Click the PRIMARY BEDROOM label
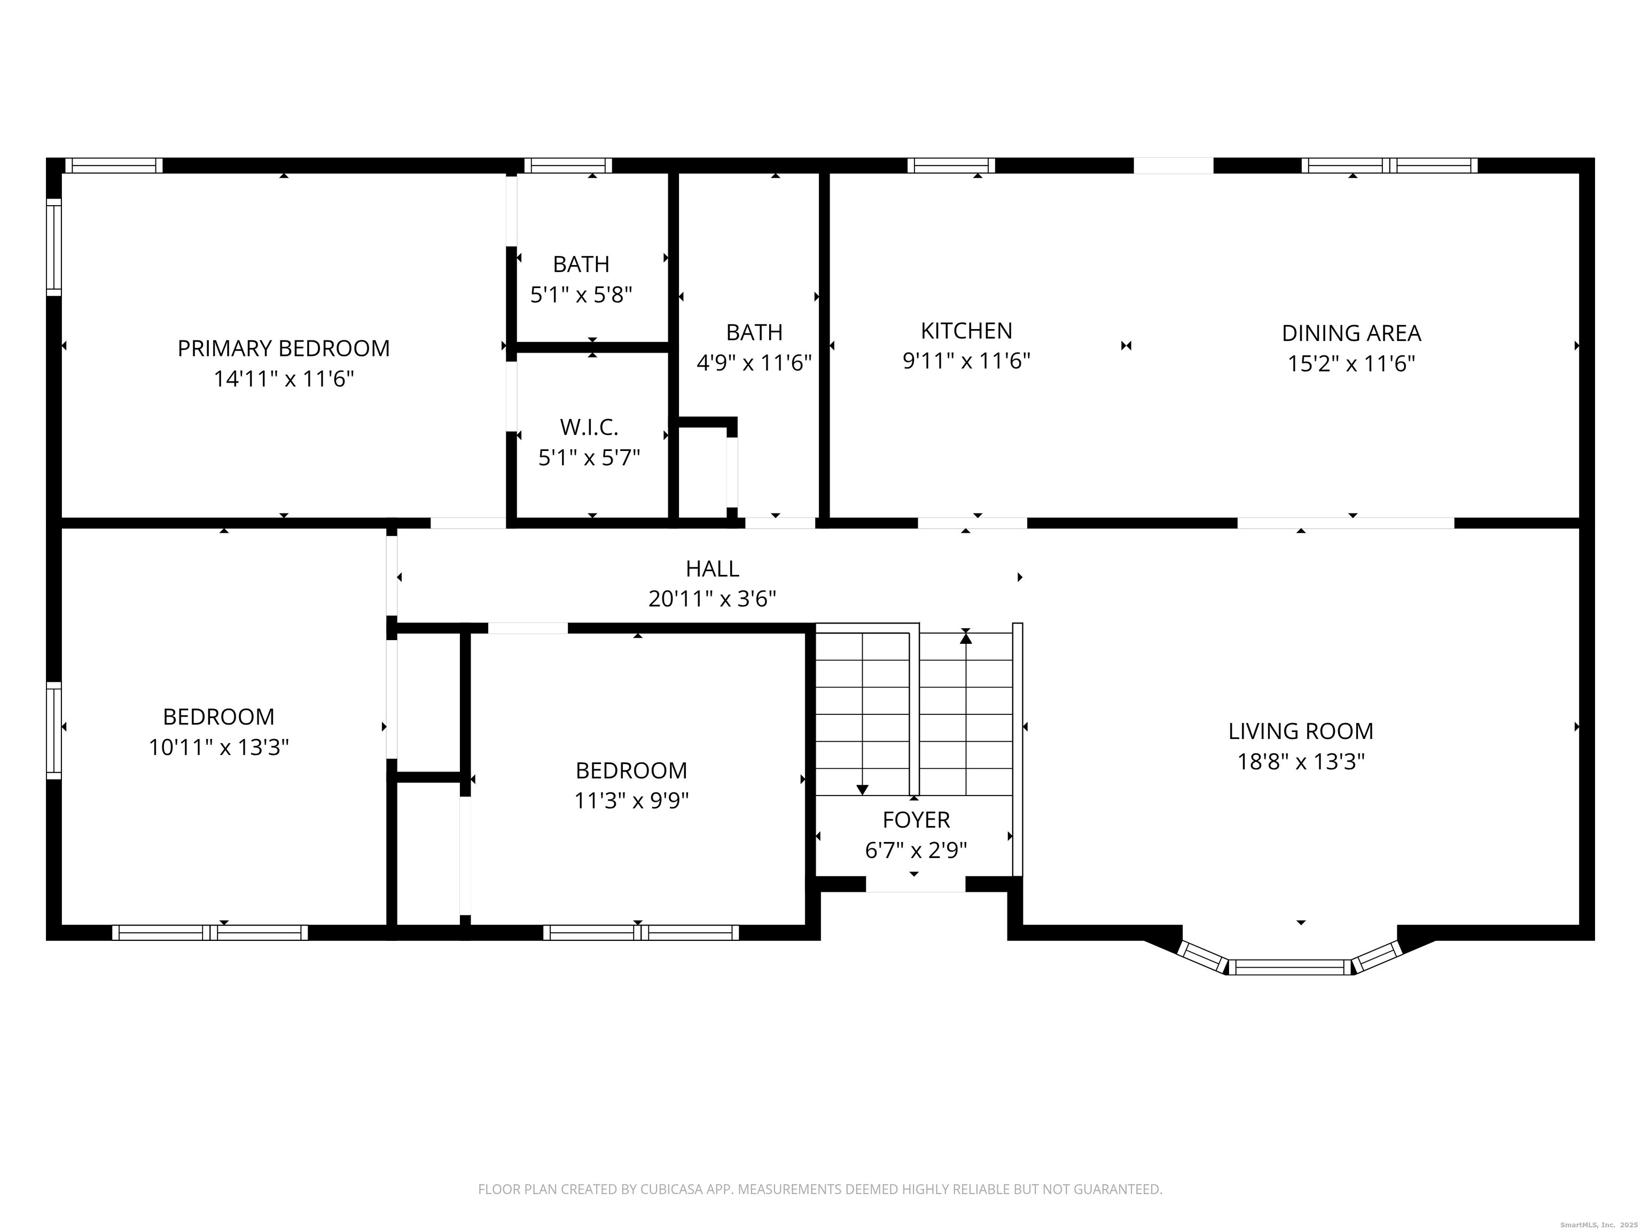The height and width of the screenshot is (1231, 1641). [284, 348]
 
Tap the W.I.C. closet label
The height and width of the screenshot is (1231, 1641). [589, 427]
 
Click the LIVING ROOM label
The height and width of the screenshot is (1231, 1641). [1301, 731]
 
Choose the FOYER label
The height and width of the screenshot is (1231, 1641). [916, 820]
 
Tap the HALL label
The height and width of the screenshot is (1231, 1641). [712, 568]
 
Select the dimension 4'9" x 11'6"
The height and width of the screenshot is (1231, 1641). [754, 363]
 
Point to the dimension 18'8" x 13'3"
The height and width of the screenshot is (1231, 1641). [1301, 762]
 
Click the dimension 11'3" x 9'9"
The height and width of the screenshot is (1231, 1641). [631, 801]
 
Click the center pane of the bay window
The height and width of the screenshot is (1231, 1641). [1290, 967]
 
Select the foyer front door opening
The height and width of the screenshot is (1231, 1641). [916, 884]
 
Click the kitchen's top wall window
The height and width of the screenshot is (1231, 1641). [951, 166]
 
